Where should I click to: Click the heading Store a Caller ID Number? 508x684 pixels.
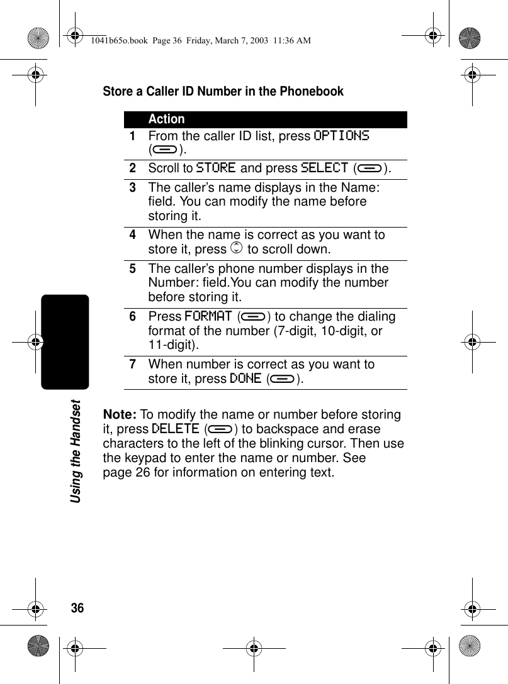(x=223, y=92)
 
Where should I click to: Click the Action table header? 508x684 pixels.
(x=167, y=119)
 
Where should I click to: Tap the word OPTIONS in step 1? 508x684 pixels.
(x=341, y=136)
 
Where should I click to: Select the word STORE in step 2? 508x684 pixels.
(x=216, y=168)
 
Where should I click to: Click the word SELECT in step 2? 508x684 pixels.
(x=324, y=168)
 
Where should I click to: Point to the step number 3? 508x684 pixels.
(x=133, y=188)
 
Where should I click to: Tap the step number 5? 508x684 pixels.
(x=133, y=268)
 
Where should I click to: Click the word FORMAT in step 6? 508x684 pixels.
(x=208, y=316)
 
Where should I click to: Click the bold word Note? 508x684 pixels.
(x=120, y=415)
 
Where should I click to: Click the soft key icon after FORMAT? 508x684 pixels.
(x=254, y=317)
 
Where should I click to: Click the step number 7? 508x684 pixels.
(x=133, y=365)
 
